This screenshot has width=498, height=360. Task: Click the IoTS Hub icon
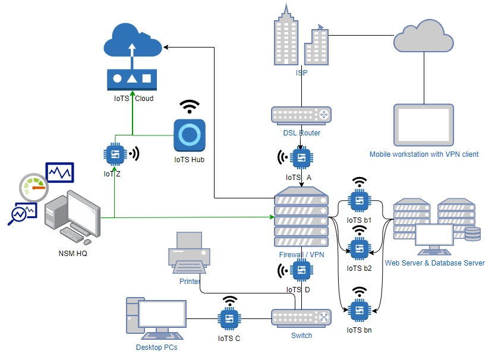coord(190,135)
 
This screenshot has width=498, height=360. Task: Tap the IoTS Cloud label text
coord(134,99)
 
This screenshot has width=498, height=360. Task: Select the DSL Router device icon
coord(301,115)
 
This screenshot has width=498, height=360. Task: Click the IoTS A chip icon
coord(301,157)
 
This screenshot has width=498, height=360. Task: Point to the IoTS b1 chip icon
coord(359,201)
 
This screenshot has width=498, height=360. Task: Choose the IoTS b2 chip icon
coord(359,249)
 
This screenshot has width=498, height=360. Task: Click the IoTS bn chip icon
coord(359,311)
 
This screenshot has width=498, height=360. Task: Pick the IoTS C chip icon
coord(229,319)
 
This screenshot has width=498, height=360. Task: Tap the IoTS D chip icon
coord(301,270)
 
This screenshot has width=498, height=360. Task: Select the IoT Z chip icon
coord(115,154)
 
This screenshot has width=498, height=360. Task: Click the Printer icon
coord(189,252)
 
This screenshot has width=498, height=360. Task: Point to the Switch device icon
coord(301,318)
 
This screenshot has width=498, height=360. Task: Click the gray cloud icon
coord(423,36)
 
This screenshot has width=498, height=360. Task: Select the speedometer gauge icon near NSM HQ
coord(33,188)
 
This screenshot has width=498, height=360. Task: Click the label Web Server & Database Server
coord(435,263)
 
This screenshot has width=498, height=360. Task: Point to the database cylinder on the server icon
coord(472,234)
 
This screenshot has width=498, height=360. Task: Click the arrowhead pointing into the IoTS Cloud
coord(165,48)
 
